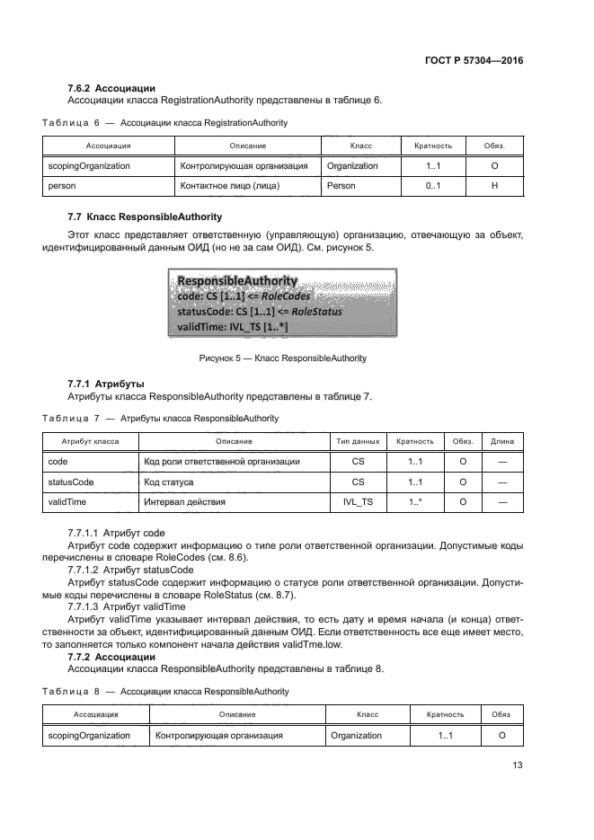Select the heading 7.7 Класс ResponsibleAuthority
pyautogui.click(x=145, y=217)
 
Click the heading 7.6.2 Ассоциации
pyautogui.click(x=112, y=88)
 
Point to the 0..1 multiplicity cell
pyautogui.click(x=433, y=186)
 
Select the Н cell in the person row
pyautogui.click(x=495, y=186)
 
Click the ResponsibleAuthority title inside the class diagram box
pyautogui.click(x=237, y=281)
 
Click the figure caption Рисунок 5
pyautogui.click(x=282, y=358)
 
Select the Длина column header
pyautogui.click(x=503, y=442)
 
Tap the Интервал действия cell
pyautogui.click(x=184, y=502)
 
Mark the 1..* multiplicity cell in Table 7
pyautogui.click(x=415, y=502)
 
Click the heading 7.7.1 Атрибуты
pyautogui.click(x=106, y=384)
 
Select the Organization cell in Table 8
pyautogui.click(x=356, y=735)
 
